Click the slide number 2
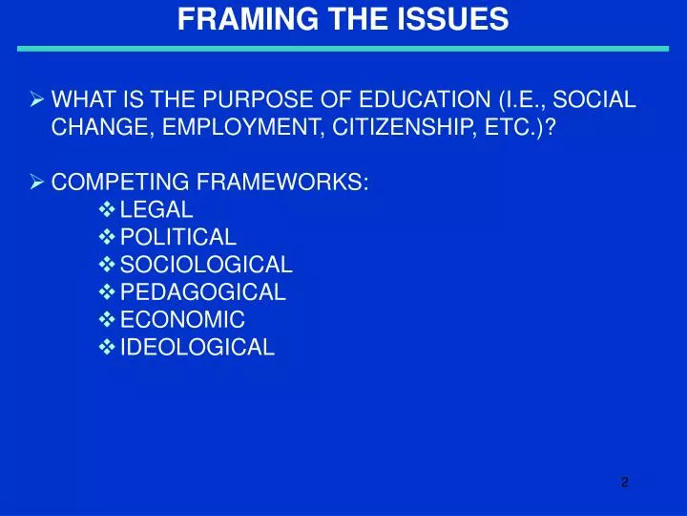(x=624, y=482)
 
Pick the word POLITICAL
(x=178, y=237)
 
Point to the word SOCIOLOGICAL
(x=206, y=265)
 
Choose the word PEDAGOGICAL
(x=203, y=292)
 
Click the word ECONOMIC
(x=182, y=320)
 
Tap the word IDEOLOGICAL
(x=198, y=348)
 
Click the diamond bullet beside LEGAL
(x=107, y=209)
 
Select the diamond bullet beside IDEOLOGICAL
(x=107, y=348)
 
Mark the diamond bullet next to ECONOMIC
(x=107, y=320)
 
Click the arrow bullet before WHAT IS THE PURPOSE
(x=38, y=98)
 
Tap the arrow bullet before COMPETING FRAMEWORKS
(x=38, y=182)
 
